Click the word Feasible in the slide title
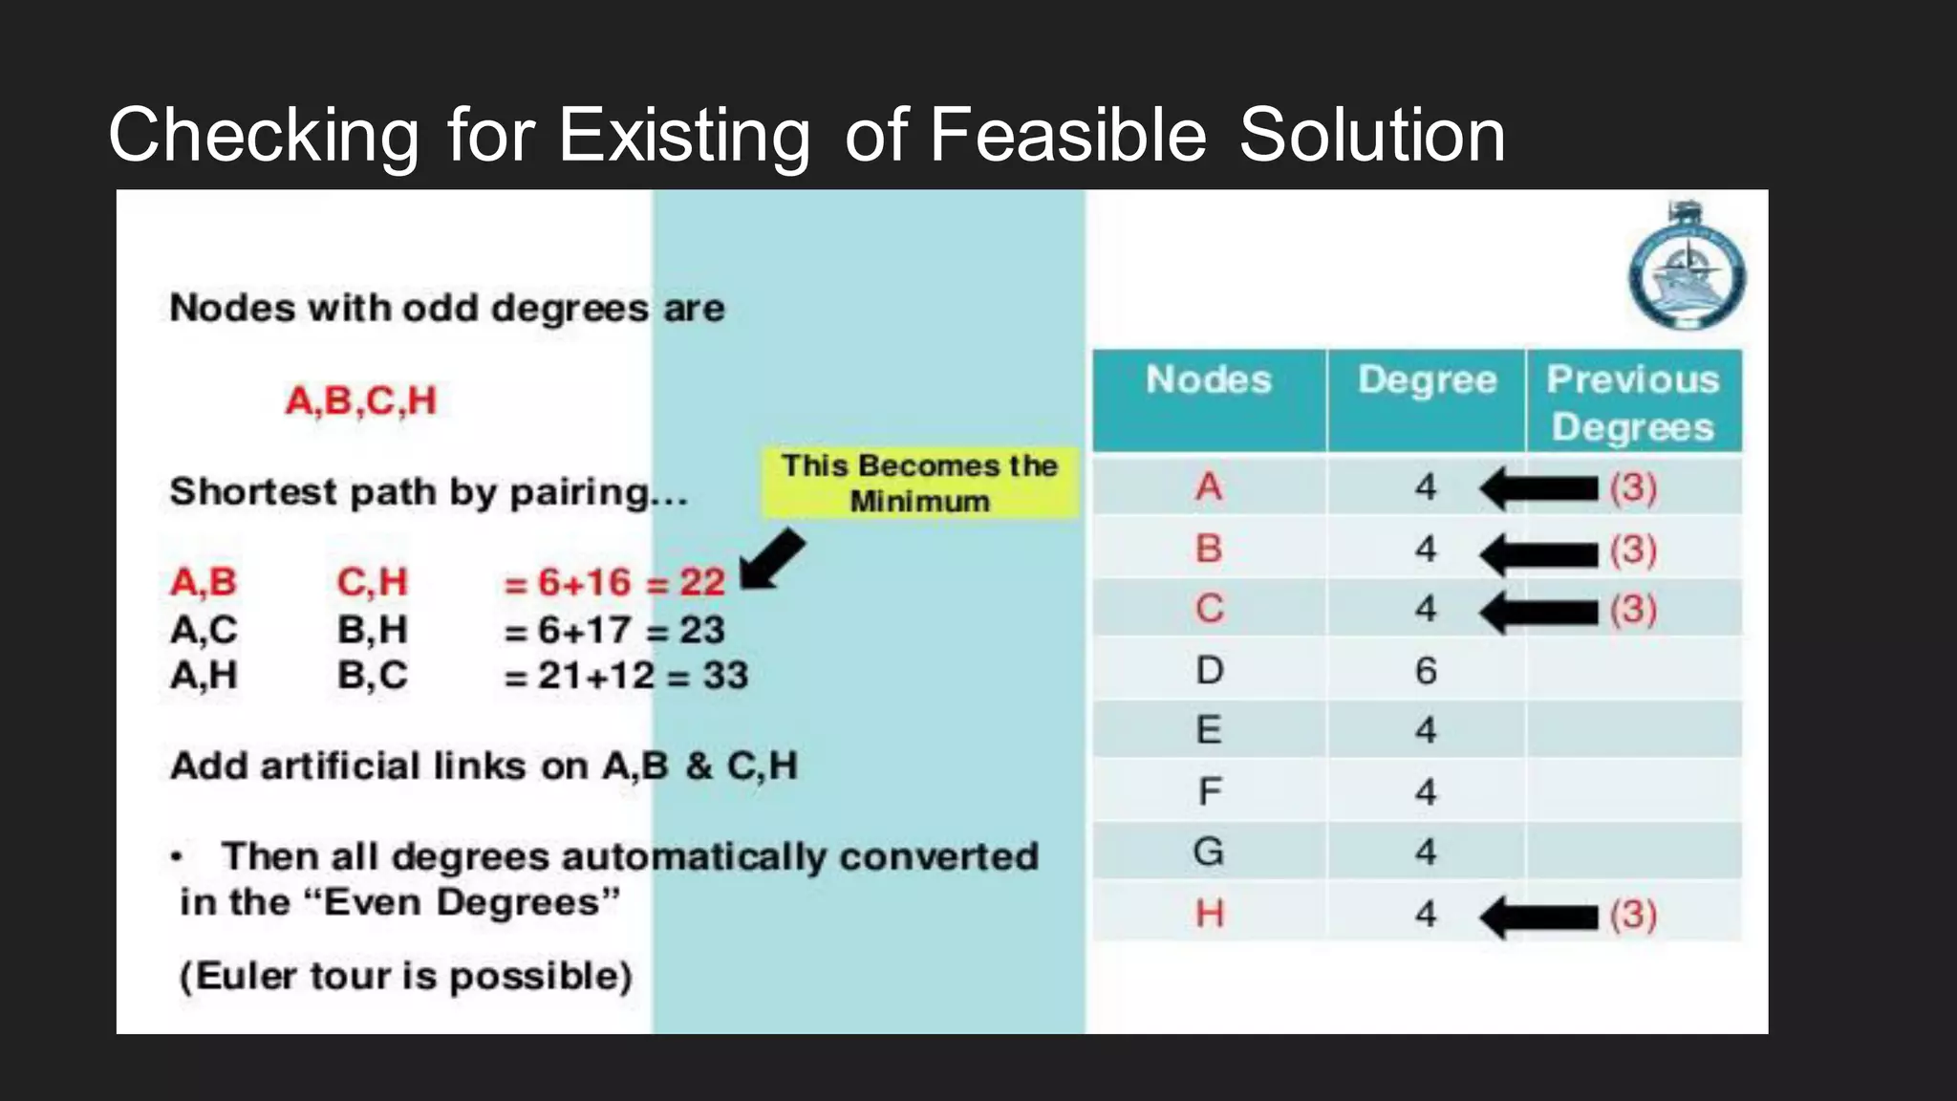[1067, 136]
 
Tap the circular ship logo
[1687, 271]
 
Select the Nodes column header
[1209, 380]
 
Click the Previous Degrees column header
[1633, 402]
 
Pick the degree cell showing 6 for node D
[1426, 671]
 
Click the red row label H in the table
[1210, 915]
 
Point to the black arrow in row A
[1538, 488]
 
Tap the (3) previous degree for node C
[1633, 610]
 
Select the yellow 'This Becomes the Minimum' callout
[919, 483]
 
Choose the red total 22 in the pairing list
[702, 582]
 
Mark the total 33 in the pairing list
[725, 676]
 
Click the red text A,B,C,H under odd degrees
[361, 400]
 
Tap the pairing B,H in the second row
[373, 630]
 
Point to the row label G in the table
[1209, 852]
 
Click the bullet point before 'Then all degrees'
[177, 857]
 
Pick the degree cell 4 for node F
[1426, 791]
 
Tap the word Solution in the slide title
[1372, 136]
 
